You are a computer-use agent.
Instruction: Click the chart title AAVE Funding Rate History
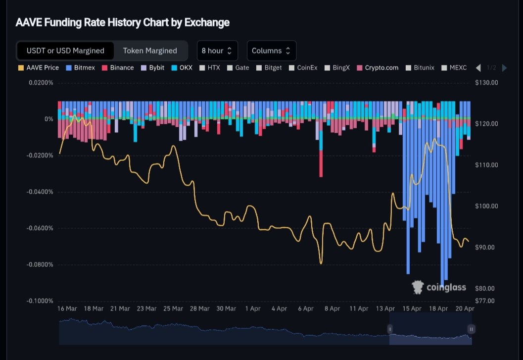point(122,22)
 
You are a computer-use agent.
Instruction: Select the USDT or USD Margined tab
point(65,51)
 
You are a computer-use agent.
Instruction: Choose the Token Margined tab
point(150,51)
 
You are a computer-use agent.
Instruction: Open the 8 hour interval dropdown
point(217,51)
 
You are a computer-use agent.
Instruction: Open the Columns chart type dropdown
point(271,51)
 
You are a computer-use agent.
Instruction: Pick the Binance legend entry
point(118,67)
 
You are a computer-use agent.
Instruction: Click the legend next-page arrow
point(504,68)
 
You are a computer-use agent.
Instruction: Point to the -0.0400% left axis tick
point(40,192)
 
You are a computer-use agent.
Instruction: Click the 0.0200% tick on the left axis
point(41,83)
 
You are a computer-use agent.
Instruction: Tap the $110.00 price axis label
point(485,165)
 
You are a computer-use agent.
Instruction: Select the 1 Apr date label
point(253,309)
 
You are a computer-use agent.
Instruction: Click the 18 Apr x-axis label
point(438,309)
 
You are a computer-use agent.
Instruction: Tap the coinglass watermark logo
point(439,287)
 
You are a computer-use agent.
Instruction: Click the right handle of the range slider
point(472,329)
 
